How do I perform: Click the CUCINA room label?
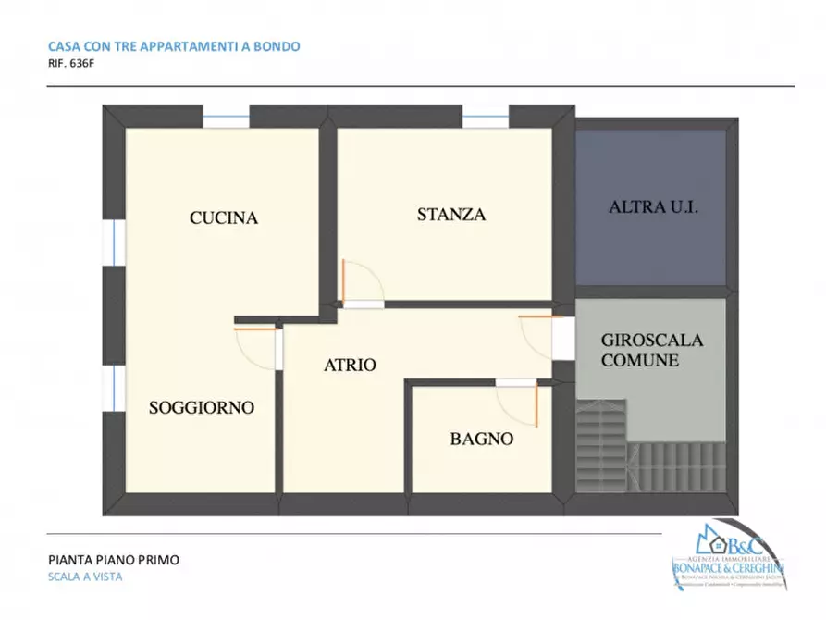(223, 218)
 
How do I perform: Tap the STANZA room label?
(450, 215)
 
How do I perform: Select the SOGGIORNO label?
(202, 407)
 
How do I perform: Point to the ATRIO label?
(350, 365)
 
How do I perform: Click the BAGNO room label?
(481, 440)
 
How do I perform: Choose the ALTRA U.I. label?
(652, 207)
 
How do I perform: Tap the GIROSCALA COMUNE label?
(651, 350)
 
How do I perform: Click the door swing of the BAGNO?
(519, 403)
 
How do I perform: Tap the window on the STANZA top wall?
(485, 120)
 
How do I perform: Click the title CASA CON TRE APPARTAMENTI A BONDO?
(173, 45)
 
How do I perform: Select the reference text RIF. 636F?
(70, 65)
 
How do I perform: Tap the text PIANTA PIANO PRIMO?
(113, 559)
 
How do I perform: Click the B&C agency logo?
(729, 559)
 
